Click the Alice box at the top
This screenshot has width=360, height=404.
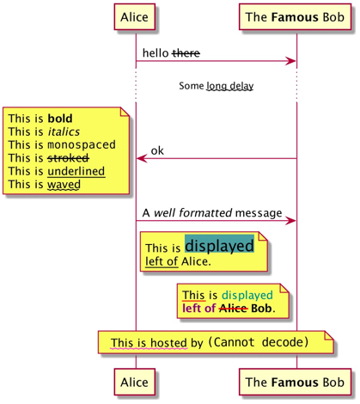[x=135, y=17]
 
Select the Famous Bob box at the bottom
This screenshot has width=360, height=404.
[x=296, y=382]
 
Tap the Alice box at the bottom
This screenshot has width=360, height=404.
[x=135, y=382]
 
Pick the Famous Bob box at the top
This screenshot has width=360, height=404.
[x=296, y=17]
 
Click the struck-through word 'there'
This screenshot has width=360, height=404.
[x=186, y=53]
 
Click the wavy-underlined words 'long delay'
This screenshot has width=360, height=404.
[x=230, y=86]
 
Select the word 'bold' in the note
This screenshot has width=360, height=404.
[x=60, y=119]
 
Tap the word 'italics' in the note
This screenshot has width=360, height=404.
[x=64, y=132]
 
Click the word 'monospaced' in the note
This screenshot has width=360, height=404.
[x=82, y=144]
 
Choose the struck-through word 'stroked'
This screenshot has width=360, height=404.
[x=69, y=158]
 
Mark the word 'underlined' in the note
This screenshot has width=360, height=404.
[x=76, y=171]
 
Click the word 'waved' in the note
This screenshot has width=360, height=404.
[x=64, y=185]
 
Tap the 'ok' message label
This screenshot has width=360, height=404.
[x=157, y=150]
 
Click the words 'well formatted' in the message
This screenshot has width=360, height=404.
[x=192, y=213]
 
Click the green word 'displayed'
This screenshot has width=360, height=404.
[x=247, y=296]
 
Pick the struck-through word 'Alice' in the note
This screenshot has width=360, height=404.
[x=234, y=309]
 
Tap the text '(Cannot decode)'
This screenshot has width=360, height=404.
[x=258, y=342]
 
